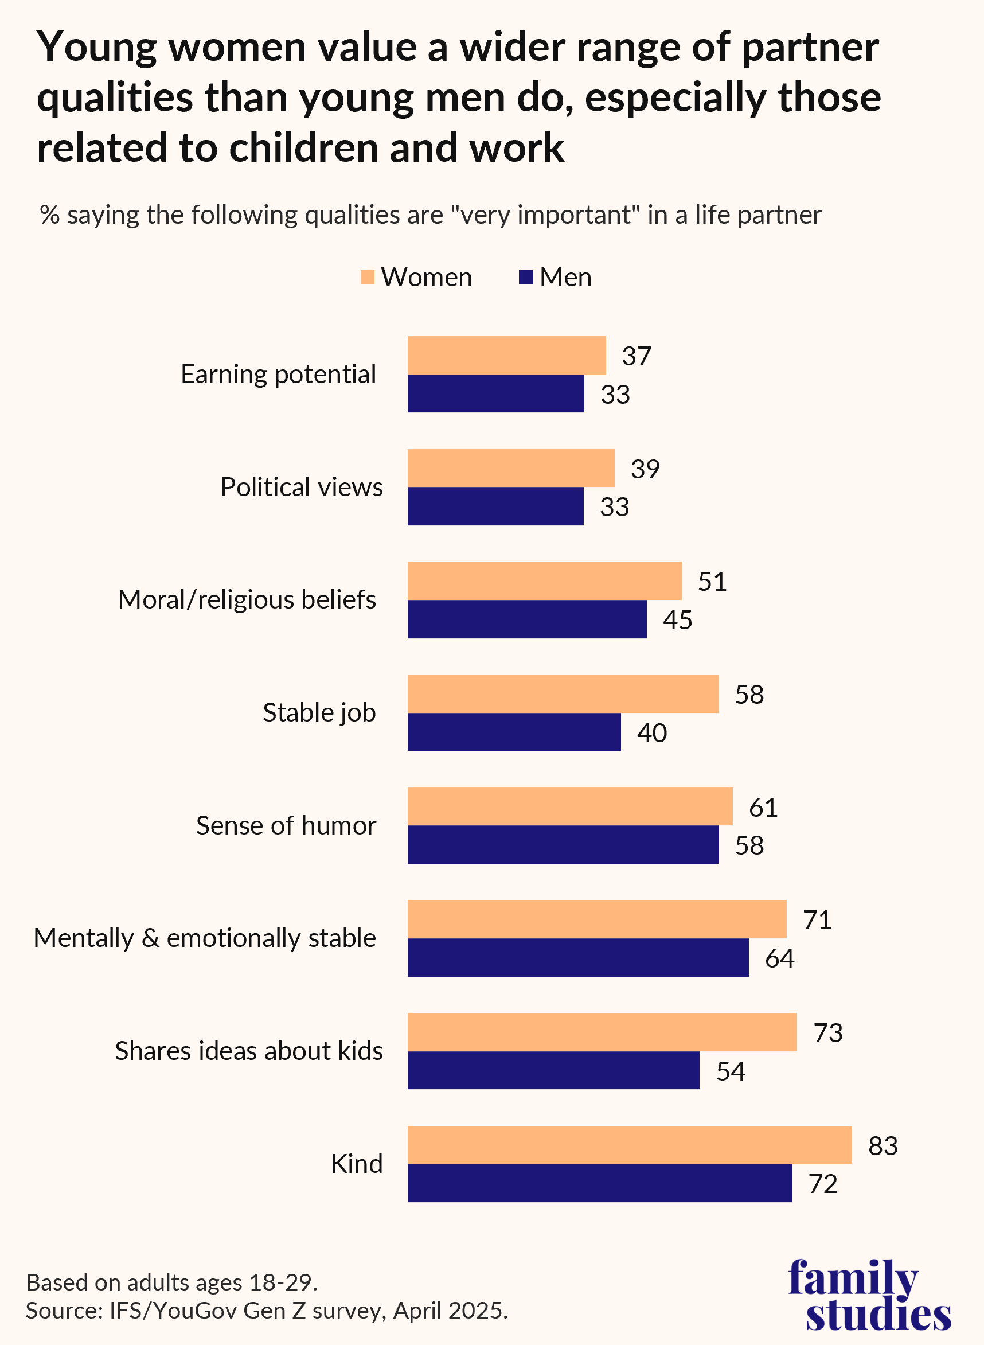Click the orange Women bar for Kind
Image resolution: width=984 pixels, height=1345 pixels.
[x=629, y=1144]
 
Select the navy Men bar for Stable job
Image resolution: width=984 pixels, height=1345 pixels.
[x=514, y=731]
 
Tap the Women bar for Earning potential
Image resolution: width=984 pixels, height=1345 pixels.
[x=506, y=355]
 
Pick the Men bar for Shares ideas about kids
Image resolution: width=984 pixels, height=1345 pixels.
[x=553, y=1070]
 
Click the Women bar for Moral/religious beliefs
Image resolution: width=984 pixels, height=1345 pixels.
[x=544, y=580]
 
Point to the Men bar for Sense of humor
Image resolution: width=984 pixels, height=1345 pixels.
[x=563, y=844]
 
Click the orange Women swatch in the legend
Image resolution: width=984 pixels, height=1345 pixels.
[x=368, y=278]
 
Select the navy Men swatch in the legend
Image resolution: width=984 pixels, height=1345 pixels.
[x=526, y=278]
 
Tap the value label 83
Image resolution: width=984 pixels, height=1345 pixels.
[x=882, y=1145]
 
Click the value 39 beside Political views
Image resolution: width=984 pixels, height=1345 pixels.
[x=645, y=469]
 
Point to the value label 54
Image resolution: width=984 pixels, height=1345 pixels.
[x=730, y=1071]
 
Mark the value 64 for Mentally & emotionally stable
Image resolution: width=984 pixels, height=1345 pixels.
[x=779, y=958]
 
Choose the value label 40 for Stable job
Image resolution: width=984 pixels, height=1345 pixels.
[x=651, y=732]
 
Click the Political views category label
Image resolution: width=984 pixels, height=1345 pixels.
[x=302, y=488]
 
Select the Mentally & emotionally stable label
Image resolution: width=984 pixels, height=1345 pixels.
[x=204, y=938]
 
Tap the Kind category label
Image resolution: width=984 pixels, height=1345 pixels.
[x=356, y=1163]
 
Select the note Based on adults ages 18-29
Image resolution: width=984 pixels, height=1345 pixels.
[x=171, y=1282]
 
